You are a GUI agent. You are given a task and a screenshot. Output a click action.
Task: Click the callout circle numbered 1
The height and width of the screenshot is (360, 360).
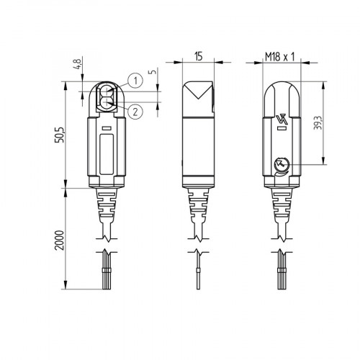coord(135,79)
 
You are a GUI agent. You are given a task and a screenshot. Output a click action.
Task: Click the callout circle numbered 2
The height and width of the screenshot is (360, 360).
coord(135,109)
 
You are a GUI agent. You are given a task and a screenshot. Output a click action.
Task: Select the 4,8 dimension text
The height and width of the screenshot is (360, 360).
coord(78,71)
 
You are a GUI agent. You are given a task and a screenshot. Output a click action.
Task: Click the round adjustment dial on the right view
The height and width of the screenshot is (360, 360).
coord(280,166)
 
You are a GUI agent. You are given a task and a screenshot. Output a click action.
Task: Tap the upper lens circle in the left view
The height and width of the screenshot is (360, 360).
coord(107,91)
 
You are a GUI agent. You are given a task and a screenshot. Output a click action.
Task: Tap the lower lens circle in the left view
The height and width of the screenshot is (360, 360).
coord(107,102)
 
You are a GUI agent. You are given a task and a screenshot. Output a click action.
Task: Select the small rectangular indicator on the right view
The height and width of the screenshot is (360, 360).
coord(281,130)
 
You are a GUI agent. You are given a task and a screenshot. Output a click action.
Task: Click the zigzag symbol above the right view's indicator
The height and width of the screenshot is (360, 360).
coord(281,119)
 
